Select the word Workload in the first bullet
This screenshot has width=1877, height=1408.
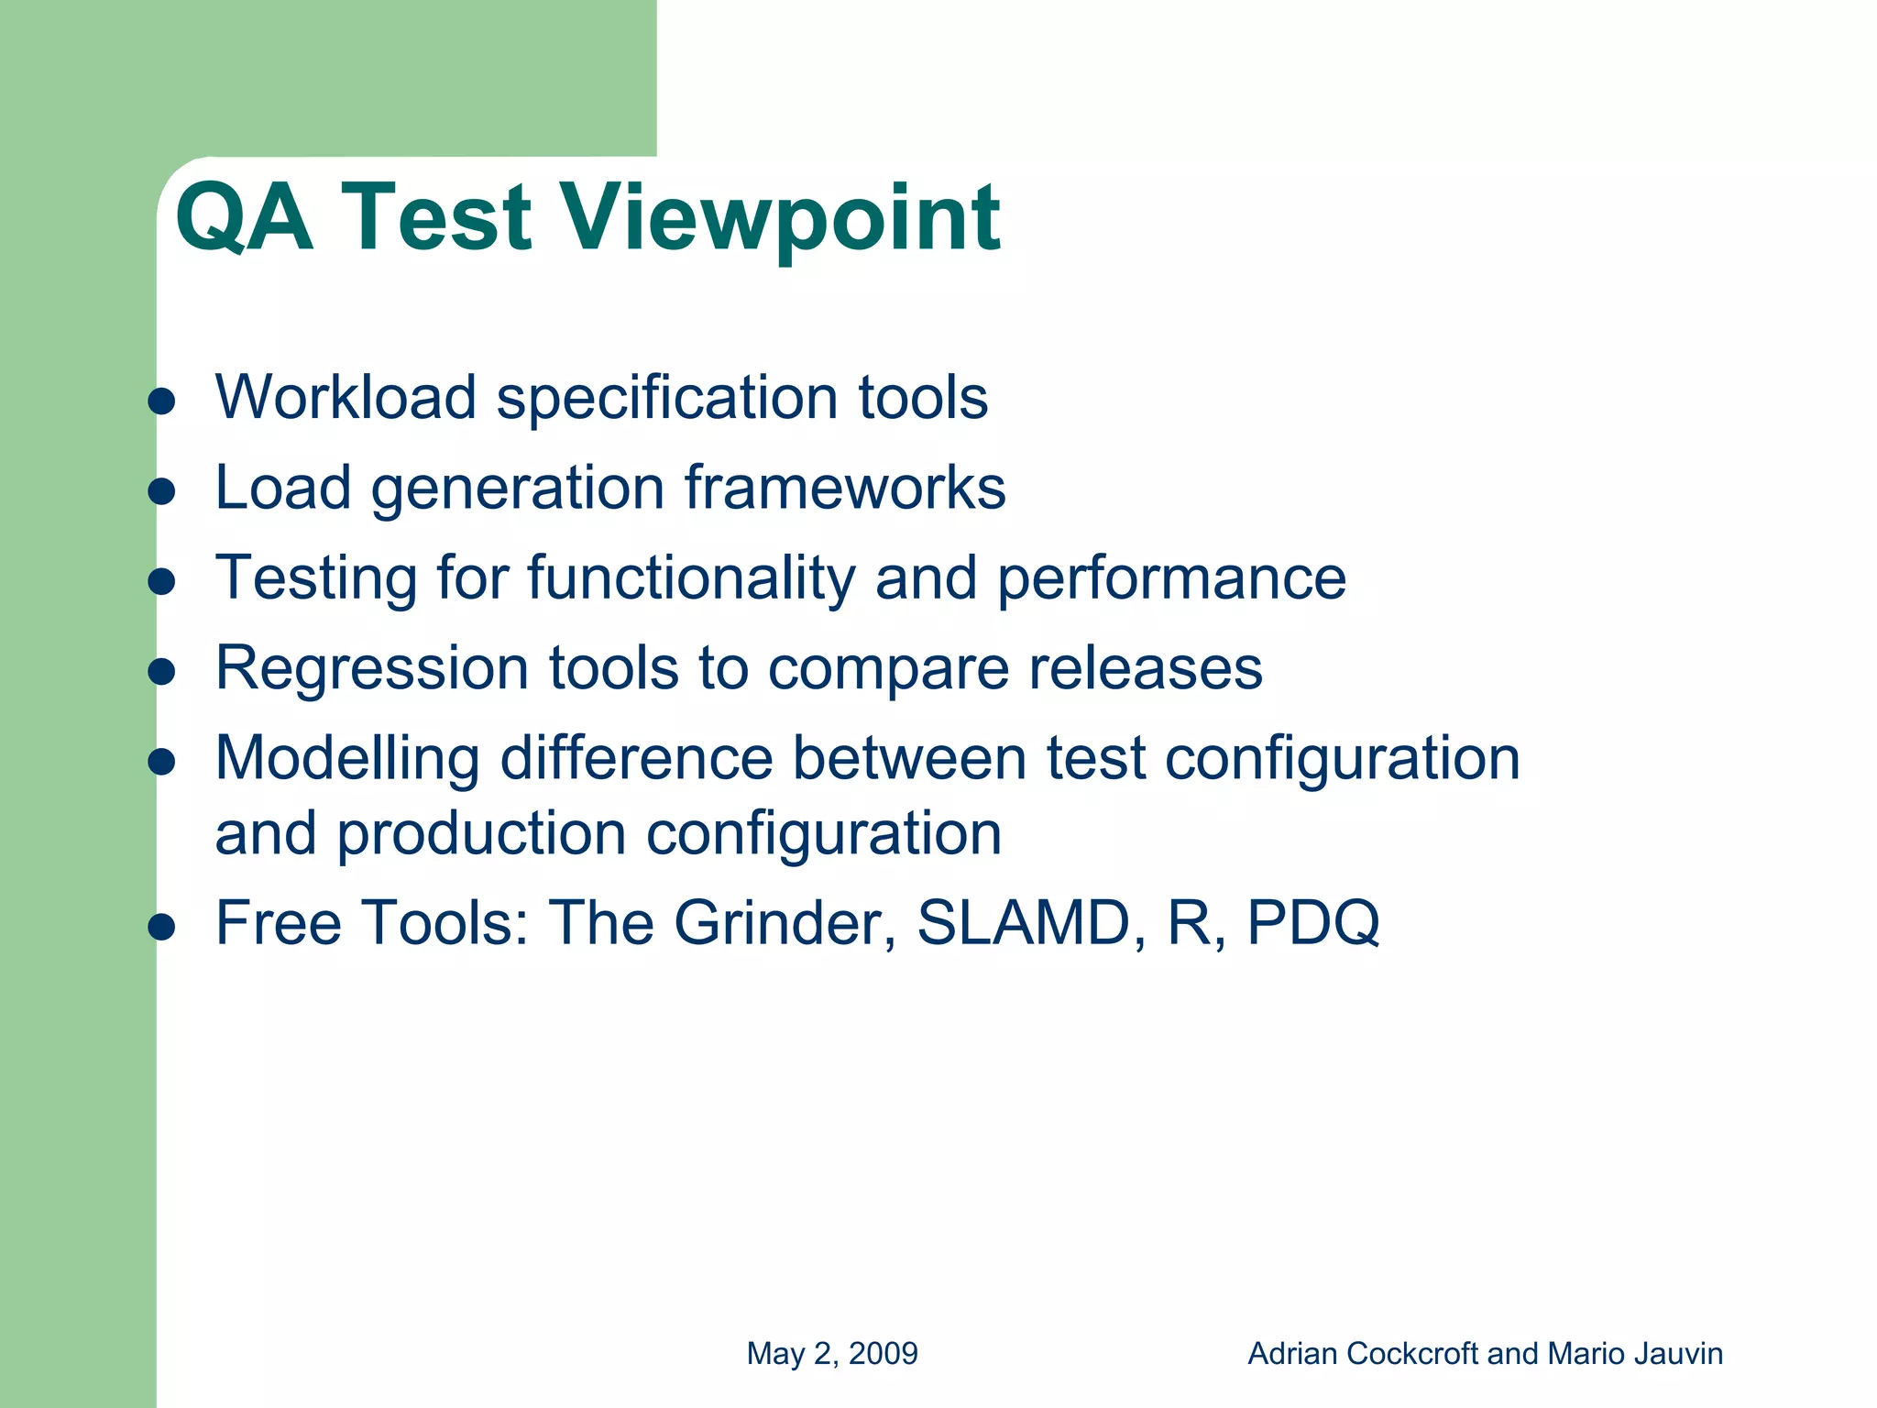[x=346, y=398]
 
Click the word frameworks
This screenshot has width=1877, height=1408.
[x=845, y=487]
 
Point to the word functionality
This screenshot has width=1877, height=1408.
[x=691, y=578]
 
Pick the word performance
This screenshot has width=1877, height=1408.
[x=1170, y=578]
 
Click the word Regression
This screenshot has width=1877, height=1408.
[x=371, y=667]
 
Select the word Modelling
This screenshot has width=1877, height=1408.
[x=346, y=759]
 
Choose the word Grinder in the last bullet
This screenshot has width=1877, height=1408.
[x=785, y=922]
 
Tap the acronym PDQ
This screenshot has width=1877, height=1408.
[x=1312, y=922]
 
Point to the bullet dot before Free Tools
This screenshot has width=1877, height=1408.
[x=161, y=927]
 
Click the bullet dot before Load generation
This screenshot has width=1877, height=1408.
[x=161, y=491]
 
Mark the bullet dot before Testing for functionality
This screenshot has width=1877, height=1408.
[x=161, y=582]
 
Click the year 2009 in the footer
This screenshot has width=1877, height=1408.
[x=884, y=1354]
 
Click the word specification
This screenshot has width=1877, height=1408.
[x=666, y=398]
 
